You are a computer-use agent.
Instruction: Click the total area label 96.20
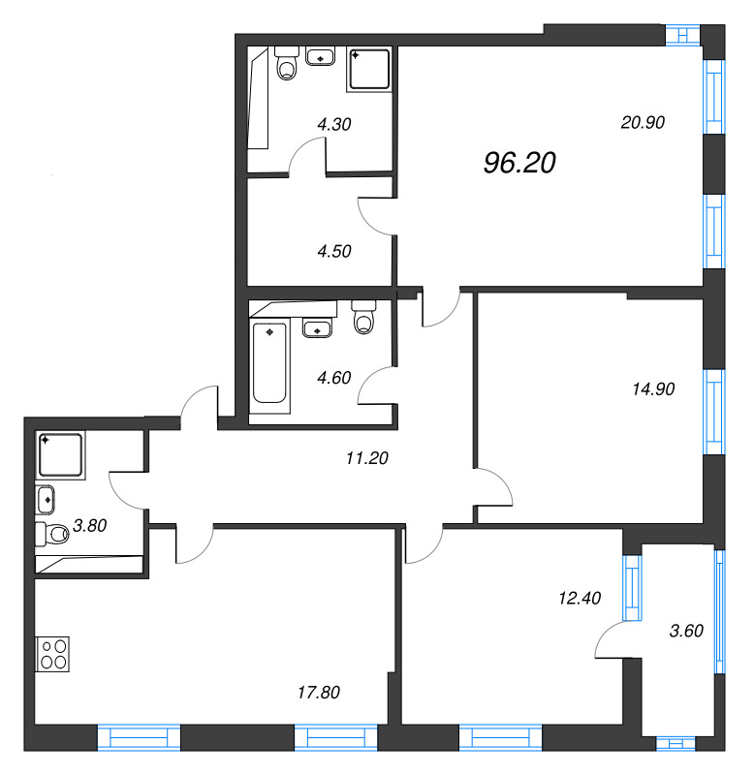point(519,163)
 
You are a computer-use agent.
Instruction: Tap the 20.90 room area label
point(643,122)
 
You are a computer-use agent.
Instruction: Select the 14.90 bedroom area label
point(653,389)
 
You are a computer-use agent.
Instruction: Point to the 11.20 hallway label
point(367,458)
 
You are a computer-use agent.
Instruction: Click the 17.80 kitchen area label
point(319,693)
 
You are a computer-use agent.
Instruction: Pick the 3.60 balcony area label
point(686,631)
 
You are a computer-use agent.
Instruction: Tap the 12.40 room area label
point(580,598)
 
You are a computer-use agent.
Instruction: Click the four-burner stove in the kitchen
point(52,654)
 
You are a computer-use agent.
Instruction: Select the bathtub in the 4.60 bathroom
point(270,362)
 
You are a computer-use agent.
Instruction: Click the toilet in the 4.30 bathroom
point(287,63)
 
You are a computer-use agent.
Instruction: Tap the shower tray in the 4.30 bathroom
point(369,69)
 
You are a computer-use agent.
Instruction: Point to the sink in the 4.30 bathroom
point(321,56)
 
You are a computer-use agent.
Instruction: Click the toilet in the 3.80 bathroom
point(52,535)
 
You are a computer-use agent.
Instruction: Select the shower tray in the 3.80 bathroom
point(60,454)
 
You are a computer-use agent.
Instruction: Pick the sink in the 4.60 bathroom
point(318,327)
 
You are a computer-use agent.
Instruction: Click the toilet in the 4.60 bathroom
point(364,318)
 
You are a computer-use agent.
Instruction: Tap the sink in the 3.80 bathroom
point(45,500)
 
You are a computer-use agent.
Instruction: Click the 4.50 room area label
point(334,251)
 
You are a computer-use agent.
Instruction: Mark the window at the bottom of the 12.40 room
point(500,738)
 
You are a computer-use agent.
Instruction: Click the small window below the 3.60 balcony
point(675,743)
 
